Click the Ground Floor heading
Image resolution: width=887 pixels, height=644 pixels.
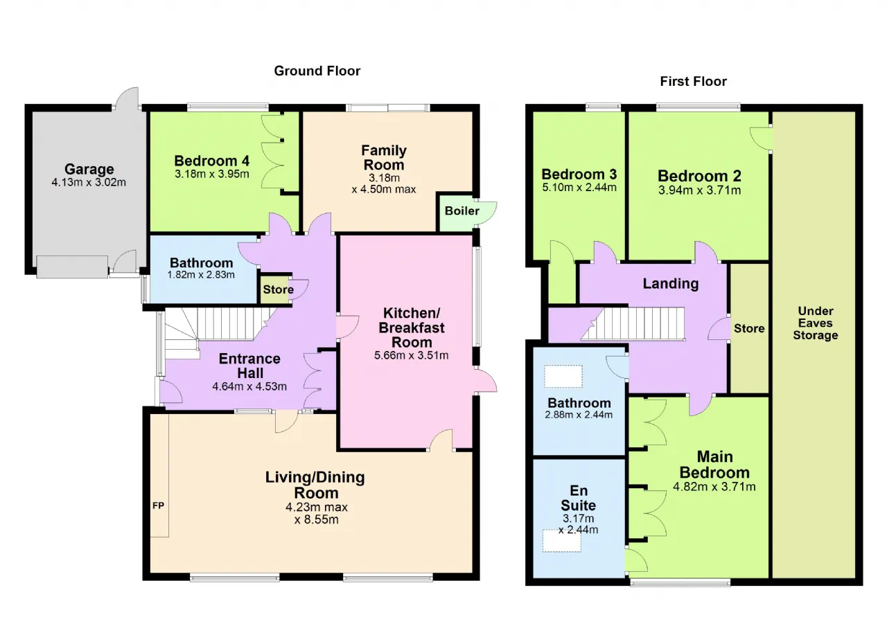(317, 71)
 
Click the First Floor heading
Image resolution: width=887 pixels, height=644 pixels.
(694, 82)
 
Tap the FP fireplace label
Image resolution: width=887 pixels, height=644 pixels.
(159, 506)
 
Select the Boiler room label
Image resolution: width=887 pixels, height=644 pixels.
(462, 211)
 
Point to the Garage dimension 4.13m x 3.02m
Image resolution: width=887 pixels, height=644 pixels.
(89, 182)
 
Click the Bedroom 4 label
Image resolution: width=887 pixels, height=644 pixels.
(212, 161)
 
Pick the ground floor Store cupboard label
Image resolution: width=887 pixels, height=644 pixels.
(278, 289)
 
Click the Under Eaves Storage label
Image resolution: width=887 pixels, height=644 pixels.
(816, 323)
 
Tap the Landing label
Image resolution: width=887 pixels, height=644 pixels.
(670, 284)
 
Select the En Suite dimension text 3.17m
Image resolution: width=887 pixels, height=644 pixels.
(579, 518)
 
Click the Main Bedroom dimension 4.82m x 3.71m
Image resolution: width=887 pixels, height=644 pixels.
(714, 487)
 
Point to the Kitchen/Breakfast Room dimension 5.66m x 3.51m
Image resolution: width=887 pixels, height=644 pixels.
(412, 355)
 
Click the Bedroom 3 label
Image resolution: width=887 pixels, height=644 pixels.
(579, 174)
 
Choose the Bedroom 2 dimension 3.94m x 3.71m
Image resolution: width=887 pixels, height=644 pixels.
(699, 190)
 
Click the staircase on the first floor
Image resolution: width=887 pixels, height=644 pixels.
(633, 323)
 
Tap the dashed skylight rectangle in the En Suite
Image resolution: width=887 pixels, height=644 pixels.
(561, 541)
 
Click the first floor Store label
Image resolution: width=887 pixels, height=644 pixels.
(749, 328)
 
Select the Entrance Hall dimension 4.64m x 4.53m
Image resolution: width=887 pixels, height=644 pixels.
(249, 386)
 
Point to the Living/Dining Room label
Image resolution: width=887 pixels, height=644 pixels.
(315, 485)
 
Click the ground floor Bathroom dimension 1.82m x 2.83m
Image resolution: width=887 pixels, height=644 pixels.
(201, 274)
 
